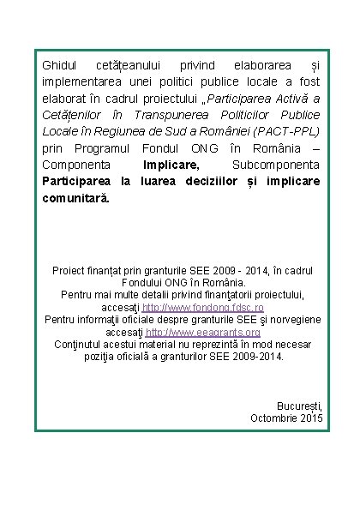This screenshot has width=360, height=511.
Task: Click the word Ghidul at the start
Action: [x=59, y=65]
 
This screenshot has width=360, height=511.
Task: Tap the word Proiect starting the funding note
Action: [x=73, y=269]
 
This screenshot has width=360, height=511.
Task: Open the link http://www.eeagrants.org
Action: [x=202, y=332]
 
